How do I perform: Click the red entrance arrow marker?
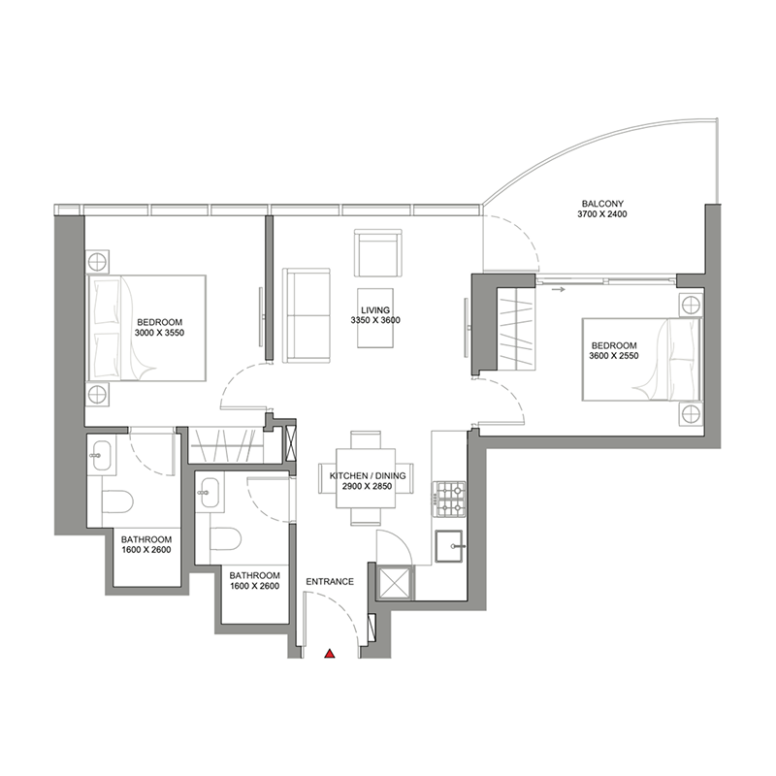(330, 655)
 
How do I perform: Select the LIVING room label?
(377, 309)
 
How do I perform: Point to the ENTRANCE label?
(330, 582)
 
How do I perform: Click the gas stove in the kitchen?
(449, 501)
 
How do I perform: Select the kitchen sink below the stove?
(452, 548)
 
